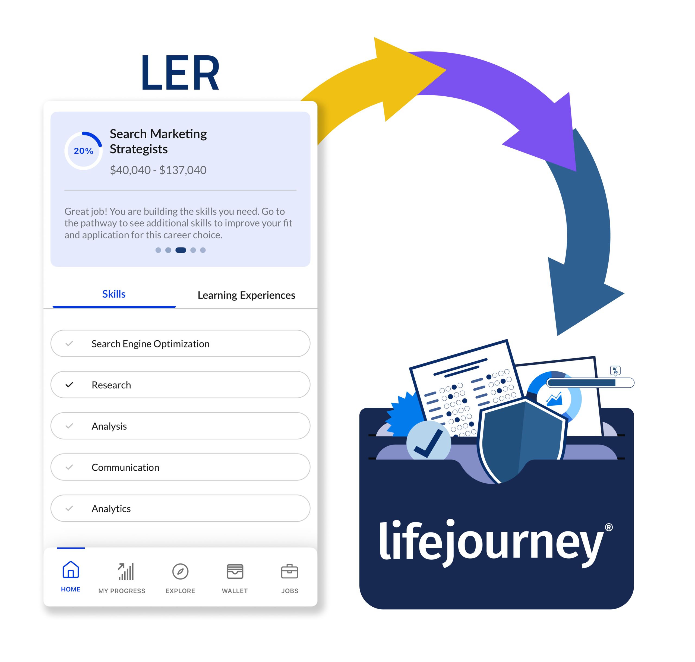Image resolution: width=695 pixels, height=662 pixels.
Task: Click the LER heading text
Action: click(x=180, y=73)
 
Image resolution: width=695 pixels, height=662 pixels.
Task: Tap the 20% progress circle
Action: click(x=84, y=151)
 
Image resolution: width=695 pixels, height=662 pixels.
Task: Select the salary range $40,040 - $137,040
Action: click(x=158, y=170)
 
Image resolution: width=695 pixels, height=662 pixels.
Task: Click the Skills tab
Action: click(x=114, y=294)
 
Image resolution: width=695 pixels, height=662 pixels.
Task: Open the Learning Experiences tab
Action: click(x=247, y=295)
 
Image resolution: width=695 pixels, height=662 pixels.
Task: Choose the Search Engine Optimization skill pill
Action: click(x=180, y=343)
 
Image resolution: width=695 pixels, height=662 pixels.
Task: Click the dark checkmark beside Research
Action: click(x=69, y=385)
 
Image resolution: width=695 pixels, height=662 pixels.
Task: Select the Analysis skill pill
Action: click(x=180, y=426)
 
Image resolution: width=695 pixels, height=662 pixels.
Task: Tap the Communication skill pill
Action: click(x=180, y=467)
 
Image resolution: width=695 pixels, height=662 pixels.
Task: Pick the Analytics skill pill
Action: click(x=180, y=508)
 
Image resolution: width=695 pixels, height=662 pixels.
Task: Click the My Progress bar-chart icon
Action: click(x=126, y=571)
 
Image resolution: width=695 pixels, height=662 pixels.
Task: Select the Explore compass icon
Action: click(x=180, y=571)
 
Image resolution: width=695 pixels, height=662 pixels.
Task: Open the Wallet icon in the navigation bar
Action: click(x=235, y=571)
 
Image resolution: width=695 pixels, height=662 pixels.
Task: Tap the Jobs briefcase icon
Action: click(x=290, y=571)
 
